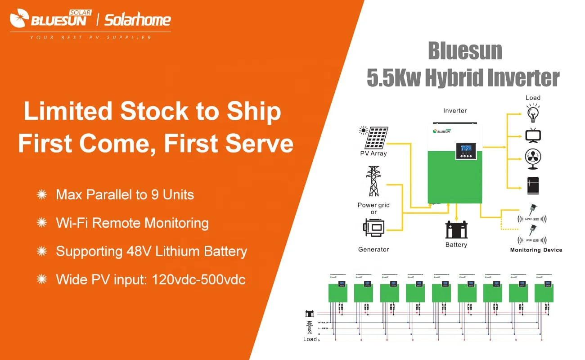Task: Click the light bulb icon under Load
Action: click(x=533, y=113)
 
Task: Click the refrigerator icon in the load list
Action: click(x=533, y=185)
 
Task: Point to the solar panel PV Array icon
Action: click(x=376, y=137)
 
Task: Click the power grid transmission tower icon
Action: click(x=373, y=182)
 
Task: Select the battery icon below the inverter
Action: click(x=456, y=229)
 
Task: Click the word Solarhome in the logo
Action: click(x=138, y=20)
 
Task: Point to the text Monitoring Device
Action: click(x=536, y=250)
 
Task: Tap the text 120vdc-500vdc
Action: click(x=199, y=279)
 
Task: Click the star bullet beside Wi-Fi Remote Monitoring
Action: click(x=42, y=223)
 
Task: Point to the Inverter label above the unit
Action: click(x=455, y=111)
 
